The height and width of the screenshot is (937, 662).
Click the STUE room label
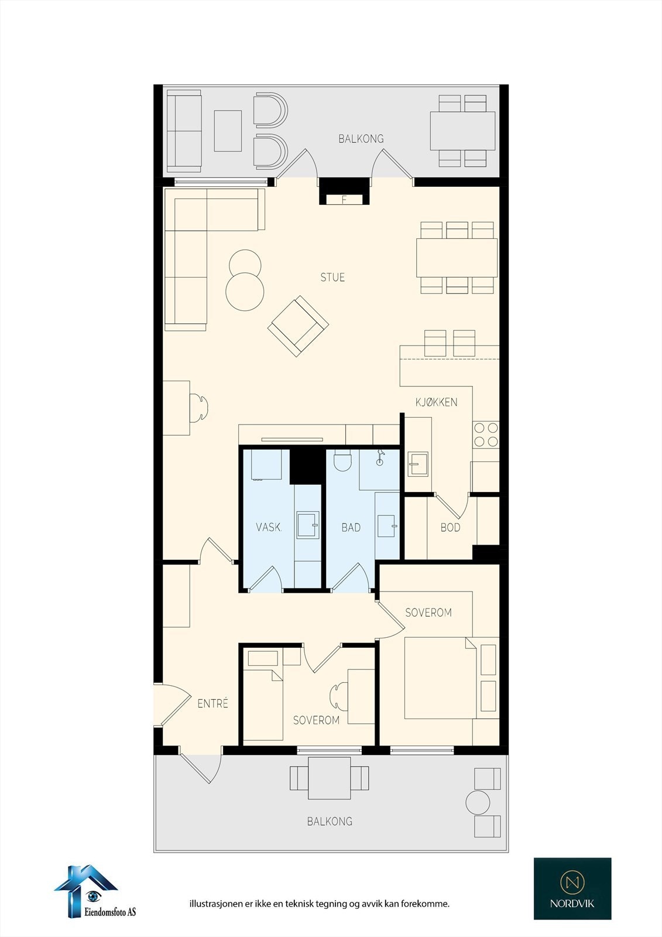coord(332,278)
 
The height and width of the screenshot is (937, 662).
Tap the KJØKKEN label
coord(436,402)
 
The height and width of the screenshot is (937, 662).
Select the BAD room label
coord(351,528)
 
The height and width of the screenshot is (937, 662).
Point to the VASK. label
coord(269,527)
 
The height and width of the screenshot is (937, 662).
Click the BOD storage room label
coord(450,528)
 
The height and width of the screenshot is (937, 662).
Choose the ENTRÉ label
coord(212,704)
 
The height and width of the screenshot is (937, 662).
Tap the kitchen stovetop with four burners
coord(486,435)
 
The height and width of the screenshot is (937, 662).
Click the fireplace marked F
coord(344,199)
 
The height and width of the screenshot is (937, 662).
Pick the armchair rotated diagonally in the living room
coord(298,326)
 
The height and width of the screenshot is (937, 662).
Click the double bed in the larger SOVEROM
coord(440,677)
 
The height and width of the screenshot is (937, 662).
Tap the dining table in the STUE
coord(457,258)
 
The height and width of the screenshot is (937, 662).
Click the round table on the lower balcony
coord(478,802)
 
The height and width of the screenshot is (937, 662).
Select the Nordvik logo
coord(572,888)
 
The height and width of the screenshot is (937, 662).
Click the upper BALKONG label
coord(361,139)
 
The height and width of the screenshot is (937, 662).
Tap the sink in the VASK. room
coord(307,525)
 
